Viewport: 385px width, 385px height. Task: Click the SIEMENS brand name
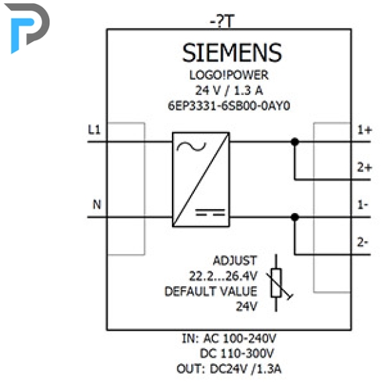232,52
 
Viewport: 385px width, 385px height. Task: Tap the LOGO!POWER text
229,75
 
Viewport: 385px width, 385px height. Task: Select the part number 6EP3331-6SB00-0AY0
229,106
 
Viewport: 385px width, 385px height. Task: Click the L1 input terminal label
94,129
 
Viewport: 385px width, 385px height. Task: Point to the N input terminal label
97,204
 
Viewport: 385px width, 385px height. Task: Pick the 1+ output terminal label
364,129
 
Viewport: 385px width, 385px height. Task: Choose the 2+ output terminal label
364,167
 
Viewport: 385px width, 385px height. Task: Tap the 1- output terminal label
362,204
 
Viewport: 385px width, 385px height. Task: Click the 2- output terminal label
362,242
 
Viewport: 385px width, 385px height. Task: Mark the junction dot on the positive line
295,141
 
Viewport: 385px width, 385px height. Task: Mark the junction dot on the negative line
295,217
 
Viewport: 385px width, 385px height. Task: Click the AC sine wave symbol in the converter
192,147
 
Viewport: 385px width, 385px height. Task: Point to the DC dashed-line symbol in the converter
210,212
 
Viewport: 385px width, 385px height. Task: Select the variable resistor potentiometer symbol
277,283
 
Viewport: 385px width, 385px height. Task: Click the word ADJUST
235,260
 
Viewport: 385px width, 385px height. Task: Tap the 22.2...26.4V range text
223,276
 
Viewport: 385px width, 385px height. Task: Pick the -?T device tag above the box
222,21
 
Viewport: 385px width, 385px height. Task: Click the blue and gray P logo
27,28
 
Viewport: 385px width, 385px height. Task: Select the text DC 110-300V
237,354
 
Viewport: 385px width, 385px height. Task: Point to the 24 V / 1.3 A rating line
229,90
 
